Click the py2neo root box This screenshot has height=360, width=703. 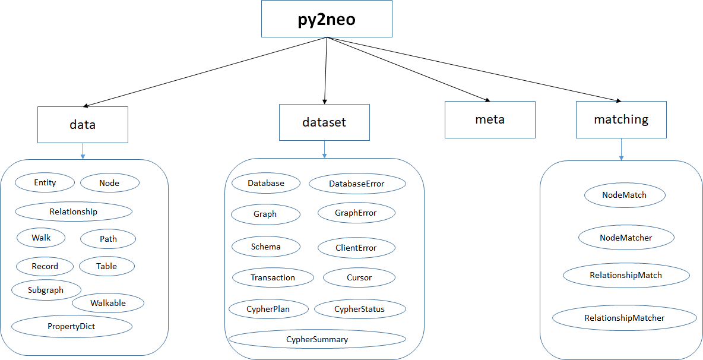pos(327,19)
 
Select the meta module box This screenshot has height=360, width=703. pos(490,119)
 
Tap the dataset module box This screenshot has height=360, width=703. pos(324,122)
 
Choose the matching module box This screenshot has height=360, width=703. pos(621,119)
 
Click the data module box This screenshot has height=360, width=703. pos(83,125)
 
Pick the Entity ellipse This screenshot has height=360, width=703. pos(45,182)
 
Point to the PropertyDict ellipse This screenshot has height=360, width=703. pos(71,326)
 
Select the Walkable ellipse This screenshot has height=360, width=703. pos(108,303)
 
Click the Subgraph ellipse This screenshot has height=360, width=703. pos(46,290)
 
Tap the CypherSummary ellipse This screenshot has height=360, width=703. pos(317,339)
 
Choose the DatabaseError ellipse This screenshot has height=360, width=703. pos(357,184)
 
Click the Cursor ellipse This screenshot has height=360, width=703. pos(359,277)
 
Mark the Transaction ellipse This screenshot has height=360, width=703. pos(273,277)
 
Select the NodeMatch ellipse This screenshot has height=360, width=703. pos(624,195)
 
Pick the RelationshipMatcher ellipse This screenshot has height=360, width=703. pos(624,318)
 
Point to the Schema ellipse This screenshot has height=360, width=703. pos(265,247)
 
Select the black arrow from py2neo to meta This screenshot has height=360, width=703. pos(410,70)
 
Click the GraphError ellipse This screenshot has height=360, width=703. pos(356,213)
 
